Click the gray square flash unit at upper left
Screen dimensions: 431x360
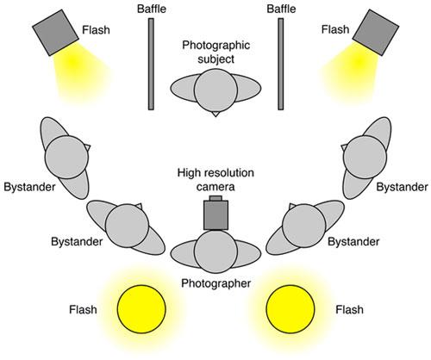click(55, 33)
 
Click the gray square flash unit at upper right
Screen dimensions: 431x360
click(376, 33)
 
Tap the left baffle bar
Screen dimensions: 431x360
click(151, 64)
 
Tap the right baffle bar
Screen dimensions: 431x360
click(281, 64)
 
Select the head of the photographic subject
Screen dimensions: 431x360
click(215, 90)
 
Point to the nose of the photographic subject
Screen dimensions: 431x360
click(215, 114)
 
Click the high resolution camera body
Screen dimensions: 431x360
click(215, 215)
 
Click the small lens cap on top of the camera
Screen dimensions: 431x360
click(215, 198)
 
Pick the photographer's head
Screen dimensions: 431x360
click(215, 251)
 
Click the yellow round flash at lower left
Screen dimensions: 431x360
click(141, 309)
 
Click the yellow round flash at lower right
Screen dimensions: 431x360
click(290, 309)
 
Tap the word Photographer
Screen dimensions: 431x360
click(216, 283)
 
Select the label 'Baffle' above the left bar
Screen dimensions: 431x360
click(152, 9)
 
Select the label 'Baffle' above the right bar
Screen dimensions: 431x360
click(281, 9)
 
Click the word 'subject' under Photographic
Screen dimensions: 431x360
click(215, 59)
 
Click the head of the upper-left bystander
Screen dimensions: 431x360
click(66, 157)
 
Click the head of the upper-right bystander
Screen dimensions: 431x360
click(365, 157)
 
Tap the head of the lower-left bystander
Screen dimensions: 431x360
click(128, 226)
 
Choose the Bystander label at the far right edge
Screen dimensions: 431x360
click(402, 187)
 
